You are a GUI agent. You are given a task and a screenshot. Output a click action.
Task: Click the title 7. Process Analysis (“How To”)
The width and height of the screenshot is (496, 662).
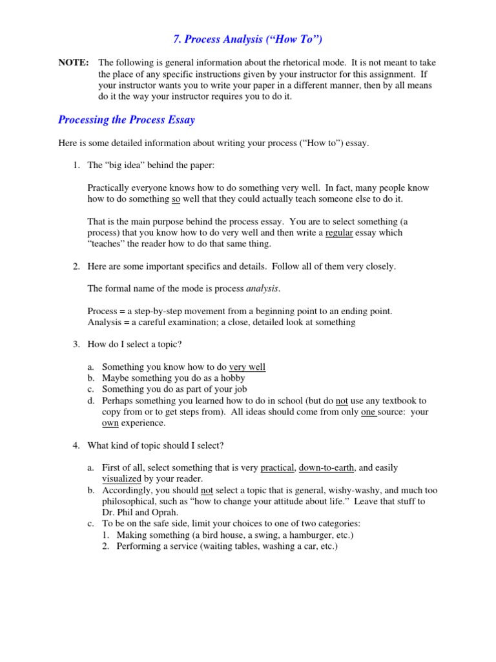(248, 40)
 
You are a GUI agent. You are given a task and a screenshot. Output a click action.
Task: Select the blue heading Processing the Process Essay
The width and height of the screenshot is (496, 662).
(127, 120)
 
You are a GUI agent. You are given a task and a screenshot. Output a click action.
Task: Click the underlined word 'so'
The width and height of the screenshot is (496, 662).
(176, 199)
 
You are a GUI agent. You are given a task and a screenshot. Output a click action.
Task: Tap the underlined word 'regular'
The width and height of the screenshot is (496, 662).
(339, 233)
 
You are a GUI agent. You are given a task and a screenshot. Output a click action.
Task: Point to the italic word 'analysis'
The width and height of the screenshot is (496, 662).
(263, 288)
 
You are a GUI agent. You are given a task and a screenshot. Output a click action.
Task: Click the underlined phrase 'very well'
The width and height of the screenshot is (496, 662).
(247, 367)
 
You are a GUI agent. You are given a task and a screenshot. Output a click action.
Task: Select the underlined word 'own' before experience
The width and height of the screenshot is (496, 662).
(110, 423)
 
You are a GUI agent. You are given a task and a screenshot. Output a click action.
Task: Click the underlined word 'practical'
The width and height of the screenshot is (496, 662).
(278, 467)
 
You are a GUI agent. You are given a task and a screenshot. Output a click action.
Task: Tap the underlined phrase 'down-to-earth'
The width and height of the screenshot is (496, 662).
(327, 467)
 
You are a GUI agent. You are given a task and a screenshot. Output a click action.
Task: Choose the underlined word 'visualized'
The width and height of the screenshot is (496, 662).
(121, 479)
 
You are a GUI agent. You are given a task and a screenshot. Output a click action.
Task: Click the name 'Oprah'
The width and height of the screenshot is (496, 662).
(167, 513)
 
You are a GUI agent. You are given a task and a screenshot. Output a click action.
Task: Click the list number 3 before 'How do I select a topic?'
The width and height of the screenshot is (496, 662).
(76, 345)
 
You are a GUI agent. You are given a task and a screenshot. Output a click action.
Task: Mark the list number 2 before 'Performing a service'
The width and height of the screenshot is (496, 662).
(106, 546)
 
